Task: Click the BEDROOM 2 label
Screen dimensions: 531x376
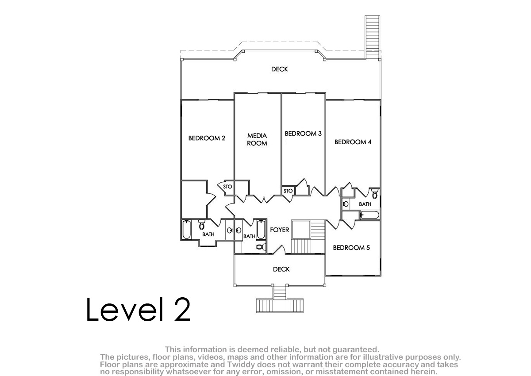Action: click(x=207, y=138)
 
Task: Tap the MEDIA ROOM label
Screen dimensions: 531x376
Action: click(x=257, y=139)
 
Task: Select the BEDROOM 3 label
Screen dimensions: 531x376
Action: click(x=303, y=134)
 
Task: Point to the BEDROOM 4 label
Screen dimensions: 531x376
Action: click(x=353, y=142)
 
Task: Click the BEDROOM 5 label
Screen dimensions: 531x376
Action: click(x=351, y=248)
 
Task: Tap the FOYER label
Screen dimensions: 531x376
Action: click(x=280, y=230)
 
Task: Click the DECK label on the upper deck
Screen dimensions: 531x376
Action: click(x=280, y=69)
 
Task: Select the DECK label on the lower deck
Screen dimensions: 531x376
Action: click(x=281, y=269)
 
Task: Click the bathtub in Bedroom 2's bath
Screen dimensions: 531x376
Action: click(x=187, y=230)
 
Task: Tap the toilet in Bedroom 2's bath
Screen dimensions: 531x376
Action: click(x=202, y=225)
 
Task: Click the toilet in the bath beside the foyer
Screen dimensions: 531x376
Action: click(x=261, y=247)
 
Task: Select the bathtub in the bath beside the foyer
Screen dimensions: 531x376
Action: click(x=261, y=230)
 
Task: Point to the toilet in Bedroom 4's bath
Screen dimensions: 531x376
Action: click(x=374, y=194)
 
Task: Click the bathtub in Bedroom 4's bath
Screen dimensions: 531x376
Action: click(x=369, y=215)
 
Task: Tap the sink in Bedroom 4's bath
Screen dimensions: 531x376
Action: click(x=346, y=204)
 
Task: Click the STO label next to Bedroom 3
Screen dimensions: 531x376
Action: click(x=288, y=191)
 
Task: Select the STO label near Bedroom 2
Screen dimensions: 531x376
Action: click(x=227, y=187)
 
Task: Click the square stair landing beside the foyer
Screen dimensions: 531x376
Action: click(x=301, y=229)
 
